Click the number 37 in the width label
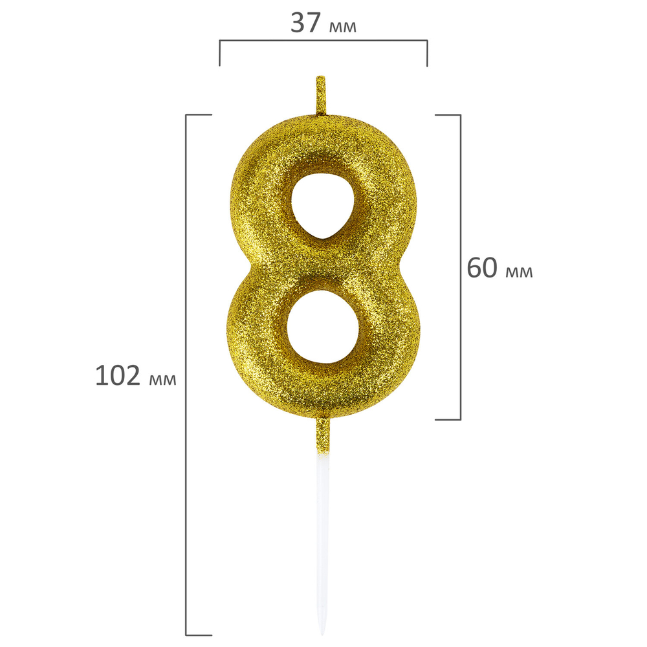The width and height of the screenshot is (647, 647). point(306,23)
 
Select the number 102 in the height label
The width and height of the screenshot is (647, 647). point(118,375)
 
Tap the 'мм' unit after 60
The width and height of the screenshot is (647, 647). point(519,272)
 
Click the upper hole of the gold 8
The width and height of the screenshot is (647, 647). point(323,205)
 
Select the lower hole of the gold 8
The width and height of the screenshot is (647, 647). point(323,327)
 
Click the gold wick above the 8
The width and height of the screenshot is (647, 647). point(321,95)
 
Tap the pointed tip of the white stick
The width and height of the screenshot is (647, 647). point(323,634)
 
